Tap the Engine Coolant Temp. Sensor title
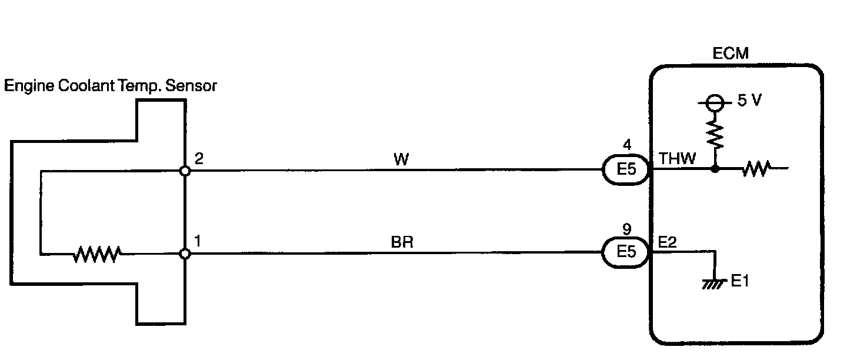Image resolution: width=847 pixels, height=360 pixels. coord(111,86)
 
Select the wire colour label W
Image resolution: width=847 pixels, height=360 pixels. coord(401,159)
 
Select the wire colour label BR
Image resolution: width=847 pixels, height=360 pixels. coord(402,242)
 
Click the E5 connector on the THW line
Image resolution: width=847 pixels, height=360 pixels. coord(627,171)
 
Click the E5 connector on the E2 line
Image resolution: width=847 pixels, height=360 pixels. coord(627,253)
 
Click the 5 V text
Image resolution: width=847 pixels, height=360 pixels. coord(749,101)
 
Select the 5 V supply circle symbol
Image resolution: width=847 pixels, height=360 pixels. coord(715,104)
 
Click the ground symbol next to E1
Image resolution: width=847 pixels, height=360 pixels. coord(713,284)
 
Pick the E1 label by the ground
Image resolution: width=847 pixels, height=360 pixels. coord(740,282)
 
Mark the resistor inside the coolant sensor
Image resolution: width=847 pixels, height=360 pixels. coord(97,254)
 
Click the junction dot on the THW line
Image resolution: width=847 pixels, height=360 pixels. coord(715,170)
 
